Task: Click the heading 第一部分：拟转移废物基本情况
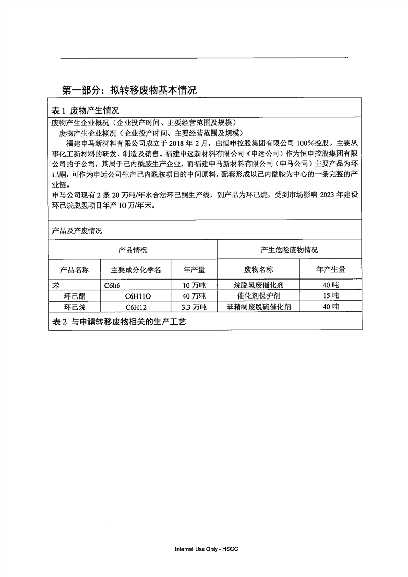coord(129,90)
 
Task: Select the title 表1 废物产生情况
coord(86,110)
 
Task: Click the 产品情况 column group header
coord(133,250)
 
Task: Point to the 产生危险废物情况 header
coord(289,250)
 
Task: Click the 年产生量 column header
coord(330,269)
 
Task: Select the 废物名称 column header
coord(258,270)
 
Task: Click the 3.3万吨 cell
coord(194,307)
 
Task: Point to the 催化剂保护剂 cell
coord(258,296)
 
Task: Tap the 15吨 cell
coord(330,296)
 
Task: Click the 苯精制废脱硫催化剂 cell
coord(258,307)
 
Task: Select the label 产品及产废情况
coord(77,231)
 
